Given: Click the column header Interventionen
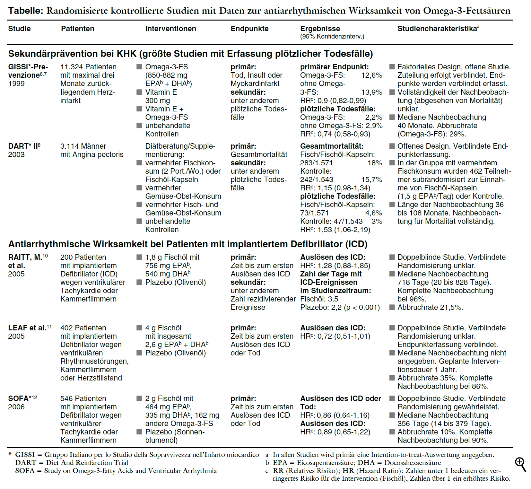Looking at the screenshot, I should coord(170,29).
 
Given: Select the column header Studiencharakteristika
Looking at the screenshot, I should coord(437,29).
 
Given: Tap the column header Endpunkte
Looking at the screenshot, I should coord(249,29).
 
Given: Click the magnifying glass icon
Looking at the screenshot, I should coord(520,464).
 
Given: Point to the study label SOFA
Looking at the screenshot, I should coord(18,398).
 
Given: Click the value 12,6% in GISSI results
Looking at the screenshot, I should coord(372,75).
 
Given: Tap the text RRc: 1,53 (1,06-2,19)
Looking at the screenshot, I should coord(335,230).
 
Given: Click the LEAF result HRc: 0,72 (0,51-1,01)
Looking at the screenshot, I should coord(335,336).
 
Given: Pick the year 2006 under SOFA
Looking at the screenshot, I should coord(16,407).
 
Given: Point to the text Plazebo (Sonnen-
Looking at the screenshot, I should coord(175,432).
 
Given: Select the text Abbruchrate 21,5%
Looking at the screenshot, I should coord(430,307).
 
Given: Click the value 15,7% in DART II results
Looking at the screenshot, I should coord(372,179).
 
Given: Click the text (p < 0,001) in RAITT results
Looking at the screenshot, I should coord(362,307).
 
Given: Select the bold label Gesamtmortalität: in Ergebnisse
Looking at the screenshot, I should coord(332,146).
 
